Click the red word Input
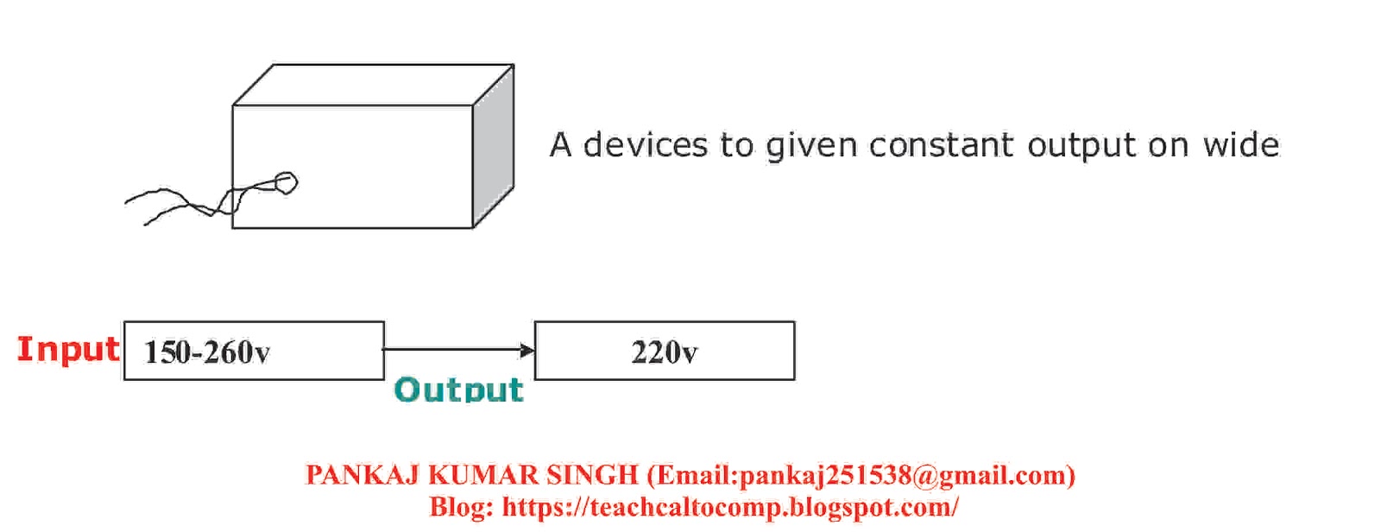pos(68,349)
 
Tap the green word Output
pos(458,389)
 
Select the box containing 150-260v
pos(254,351)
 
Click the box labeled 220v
pos(665,351)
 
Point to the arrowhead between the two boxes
pos(527,350)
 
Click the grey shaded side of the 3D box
pos(494,147)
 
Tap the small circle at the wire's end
pos(285,182)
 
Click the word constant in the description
pos(941,145)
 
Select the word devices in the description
pos(646,145)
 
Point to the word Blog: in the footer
pos(461,506)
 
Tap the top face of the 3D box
pos(373,85)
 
